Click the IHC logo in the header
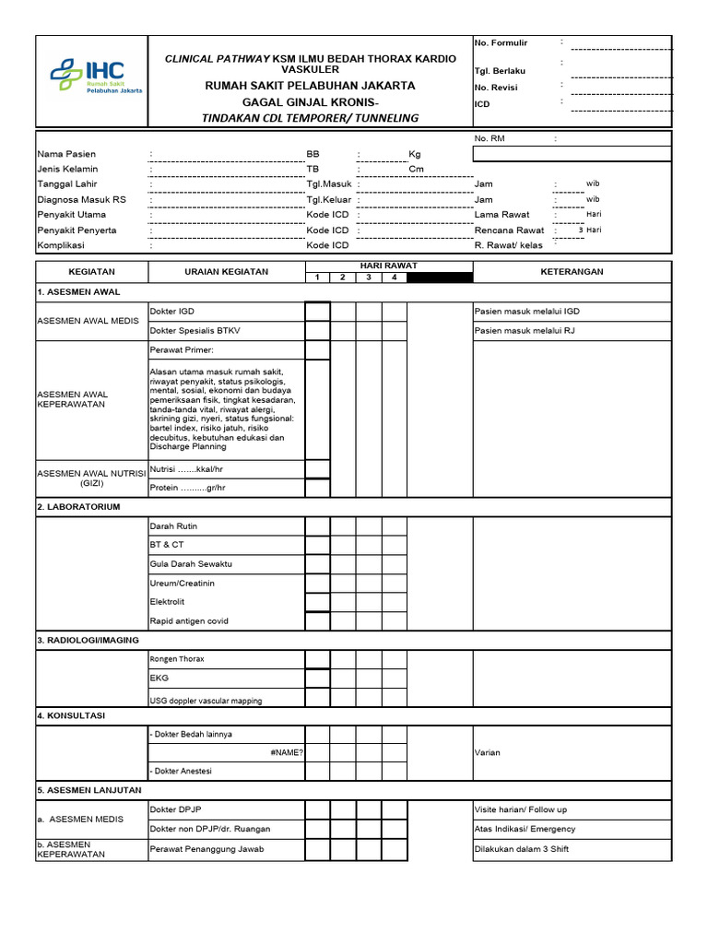tap(91, 75)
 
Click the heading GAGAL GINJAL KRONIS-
tap(310, 101)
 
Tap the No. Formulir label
tap(501, 42)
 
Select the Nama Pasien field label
tap(66, 154)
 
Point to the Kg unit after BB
tap(414, 154)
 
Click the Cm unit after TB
tap(416, 169)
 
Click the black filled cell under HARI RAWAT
tap(439, 277)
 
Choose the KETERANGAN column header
tap(572, 272)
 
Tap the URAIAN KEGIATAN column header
tap(226, 272)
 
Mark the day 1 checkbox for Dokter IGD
tap(318, 312)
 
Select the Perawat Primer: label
tap(181, 350)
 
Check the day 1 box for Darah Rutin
tap(318, 525)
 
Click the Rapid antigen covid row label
tap(189, 621)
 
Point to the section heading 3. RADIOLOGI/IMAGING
tap(88, 640)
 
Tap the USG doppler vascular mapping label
tap(206, 701)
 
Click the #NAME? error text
tap(287, 752)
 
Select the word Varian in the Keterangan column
tap(488, 752)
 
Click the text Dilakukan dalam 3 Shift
tap(521, 848)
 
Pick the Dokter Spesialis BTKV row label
tap(195, 330)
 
